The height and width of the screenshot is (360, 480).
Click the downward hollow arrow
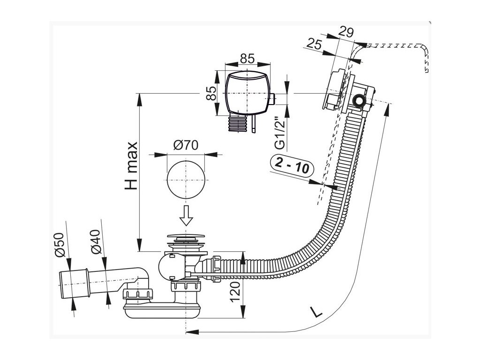187,215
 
